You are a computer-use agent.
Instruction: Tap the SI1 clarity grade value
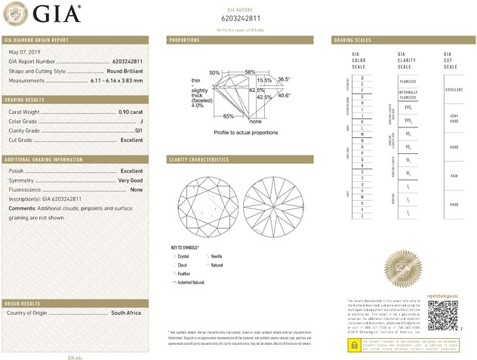click(138, 131)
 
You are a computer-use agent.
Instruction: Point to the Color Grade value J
click(141, 121)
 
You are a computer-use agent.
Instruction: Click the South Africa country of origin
click(126, 312)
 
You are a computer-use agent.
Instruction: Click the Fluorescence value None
click(136, 189)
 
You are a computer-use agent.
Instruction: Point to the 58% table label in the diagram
click(250, 72)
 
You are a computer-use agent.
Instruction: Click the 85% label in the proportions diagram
click(228, 116)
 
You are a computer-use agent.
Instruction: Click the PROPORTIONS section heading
click(184, 39)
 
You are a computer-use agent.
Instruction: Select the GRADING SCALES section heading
click(352, 39)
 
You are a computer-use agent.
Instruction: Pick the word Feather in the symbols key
click(184, 274)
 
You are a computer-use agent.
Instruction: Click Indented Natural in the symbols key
click(191, 282)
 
